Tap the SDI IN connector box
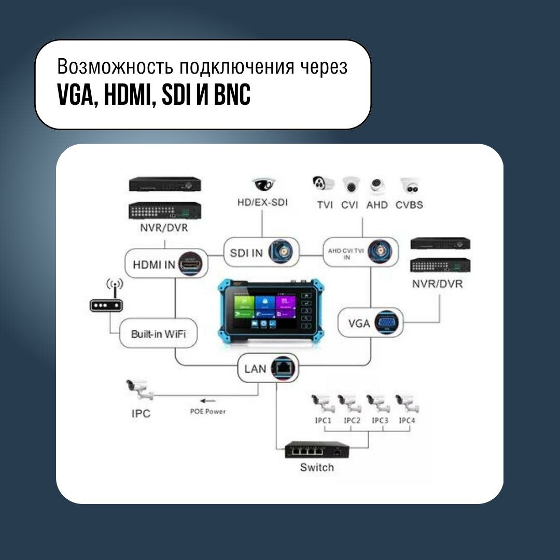[261, 253]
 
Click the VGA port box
[371, 323]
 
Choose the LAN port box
[269, 368]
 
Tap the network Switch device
[316, 449]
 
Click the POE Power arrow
[208, 400]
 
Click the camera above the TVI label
[324, 185]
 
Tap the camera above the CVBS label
[409, 185]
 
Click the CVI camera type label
[350, 205]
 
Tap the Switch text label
[317, 468]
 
